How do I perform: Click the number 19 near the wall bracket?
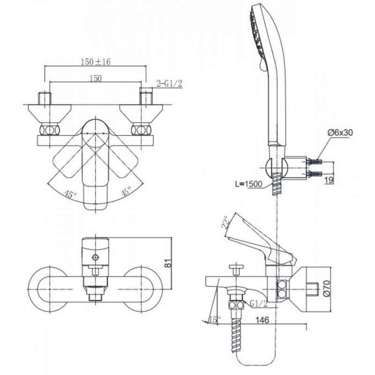pyautogui.click(x=330, y=180)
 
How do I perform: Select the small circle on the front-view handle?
pyautogui.click(x=97, y=257)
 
